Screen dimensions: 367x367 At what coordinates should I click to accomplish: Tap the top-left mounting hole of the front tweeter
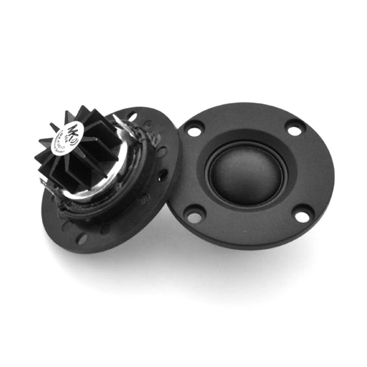[194, 129]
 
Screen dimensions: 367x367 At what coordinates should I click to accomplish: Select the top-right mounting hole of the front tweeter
[295, 128]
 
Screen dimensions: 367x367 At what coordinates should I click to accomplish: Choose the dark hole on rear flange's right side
[163, 175]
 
